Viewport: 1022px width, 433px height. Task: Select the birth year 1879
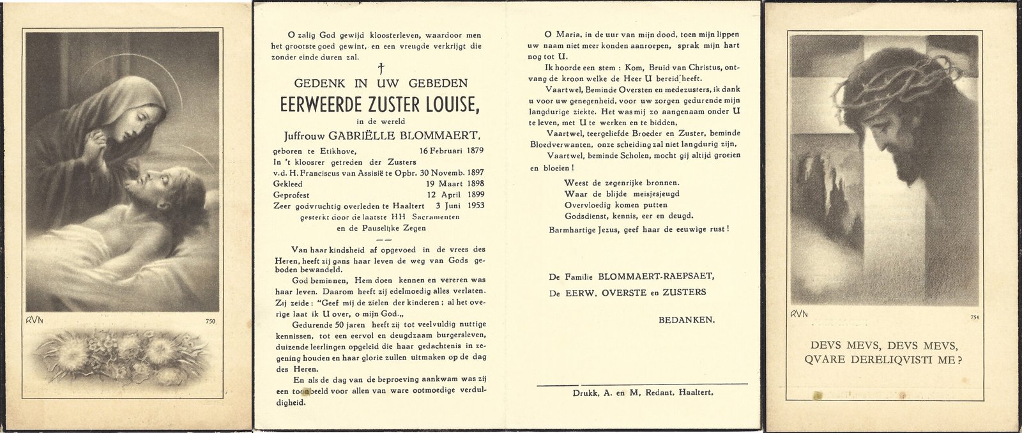473,151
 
